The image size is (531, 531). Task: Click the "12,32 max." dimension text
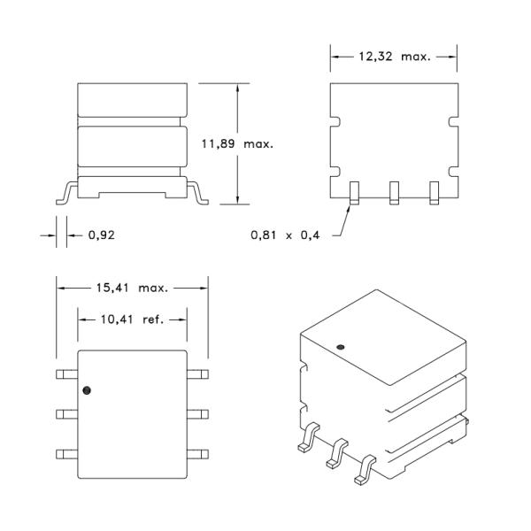click(x=394, y=57)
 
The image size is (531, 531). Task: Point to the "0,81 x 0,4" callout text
click(x=282, y=235)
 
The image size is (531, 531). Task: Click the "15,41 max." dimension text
click(x=133, y=287)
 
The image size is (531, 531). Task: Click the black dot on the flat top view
click(x=87, y=389)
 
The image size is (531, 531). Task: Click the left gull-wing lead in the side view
click(x=65, y=193)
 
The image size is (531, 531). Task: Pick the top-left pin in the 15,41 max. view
click(x=66, y=373)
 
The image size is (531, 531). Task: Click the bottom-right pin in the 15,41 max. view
click(x=198, y=453)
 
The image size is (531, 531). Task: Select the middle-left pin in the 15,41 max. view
click(x=66, y=413)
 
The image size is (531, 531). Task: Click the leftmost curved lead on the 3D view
click(x=305, y=439)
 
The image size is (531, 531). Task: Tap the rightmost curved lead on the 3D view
click(x=364, y=470)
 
